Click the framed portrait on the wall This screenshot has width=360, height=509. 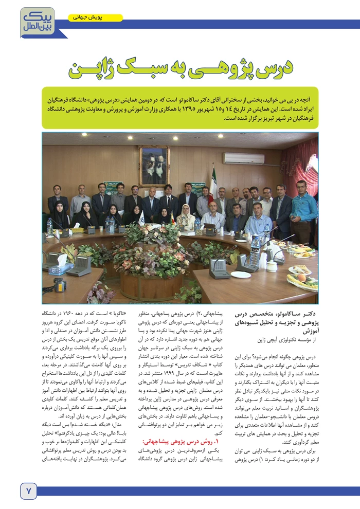[154, 165]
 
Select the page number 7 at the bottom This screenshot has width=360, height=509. [28, 490]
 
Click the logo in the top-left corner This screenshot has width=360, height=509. [36, 21]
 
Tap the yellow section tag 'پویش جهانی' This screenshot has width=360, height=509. [95, 18]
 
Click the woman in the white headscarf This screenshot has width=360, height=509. [186, 215]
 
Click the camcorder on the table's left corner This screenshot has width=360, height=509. [60, 285]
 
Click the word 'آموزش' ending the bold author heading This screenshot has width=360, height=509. [307, 332]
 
